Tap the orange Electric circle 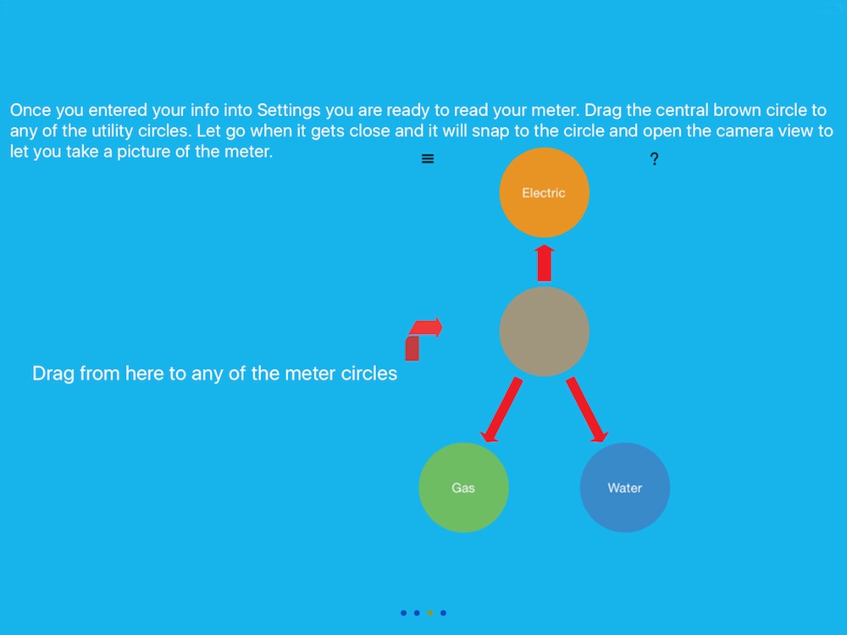(544, 193)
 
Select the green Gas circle (463, 488)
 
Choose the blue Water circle (625, 488)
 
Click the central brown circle (544, 332)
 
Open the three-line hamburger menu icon (427, 159)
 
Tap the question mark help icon (654, 159)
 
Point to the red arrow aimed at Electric (544, 263)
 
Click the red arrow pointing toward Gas (501, 410)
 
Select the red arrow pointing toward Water (587, 410)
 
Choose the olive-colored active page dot (430, 613)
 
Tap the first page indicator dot (403, 613)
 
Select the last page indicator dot (443, 613)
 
